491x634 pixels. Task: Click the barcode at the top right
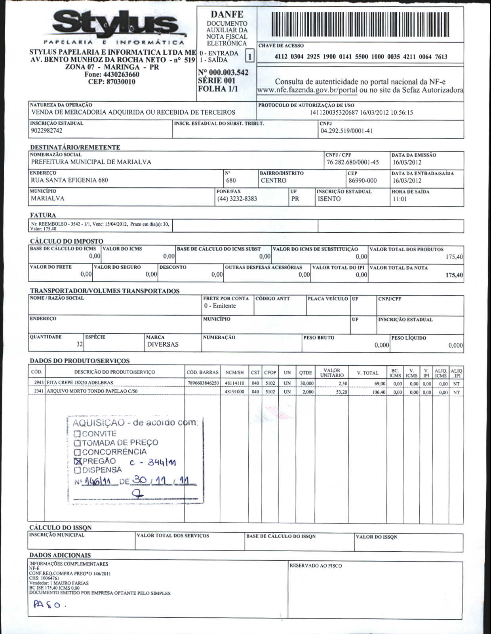(360, 25)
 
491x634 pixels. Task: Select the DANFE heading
(226, 15)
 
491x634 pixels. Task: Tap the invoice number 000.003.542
(223, 72)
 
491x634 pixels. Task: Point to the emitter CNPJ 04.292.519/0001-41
(346, 131)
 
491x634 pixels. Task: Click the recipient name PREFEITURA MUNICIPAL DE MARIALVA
(91, 162)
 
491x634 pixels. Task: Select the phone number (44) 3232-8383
(237, 199)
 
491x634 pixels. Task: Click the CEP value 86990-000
(362, 181)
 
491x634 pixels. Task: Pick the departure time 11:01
(400, 199)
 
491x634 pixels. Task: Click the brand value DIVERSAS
(163, 344)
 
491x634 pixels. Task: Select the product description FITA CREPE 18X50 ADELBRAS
(80, 383)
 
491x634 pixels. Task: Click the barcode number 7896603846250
(203, 383)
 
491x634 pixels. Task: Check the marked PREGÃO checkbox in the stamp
(78, 461)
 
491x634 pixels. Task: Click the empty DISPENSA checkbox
(78, 470)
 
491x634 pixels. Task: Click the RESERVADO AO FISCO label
(316, 566)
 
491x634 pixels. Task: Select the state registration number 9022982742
(46, 131)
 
